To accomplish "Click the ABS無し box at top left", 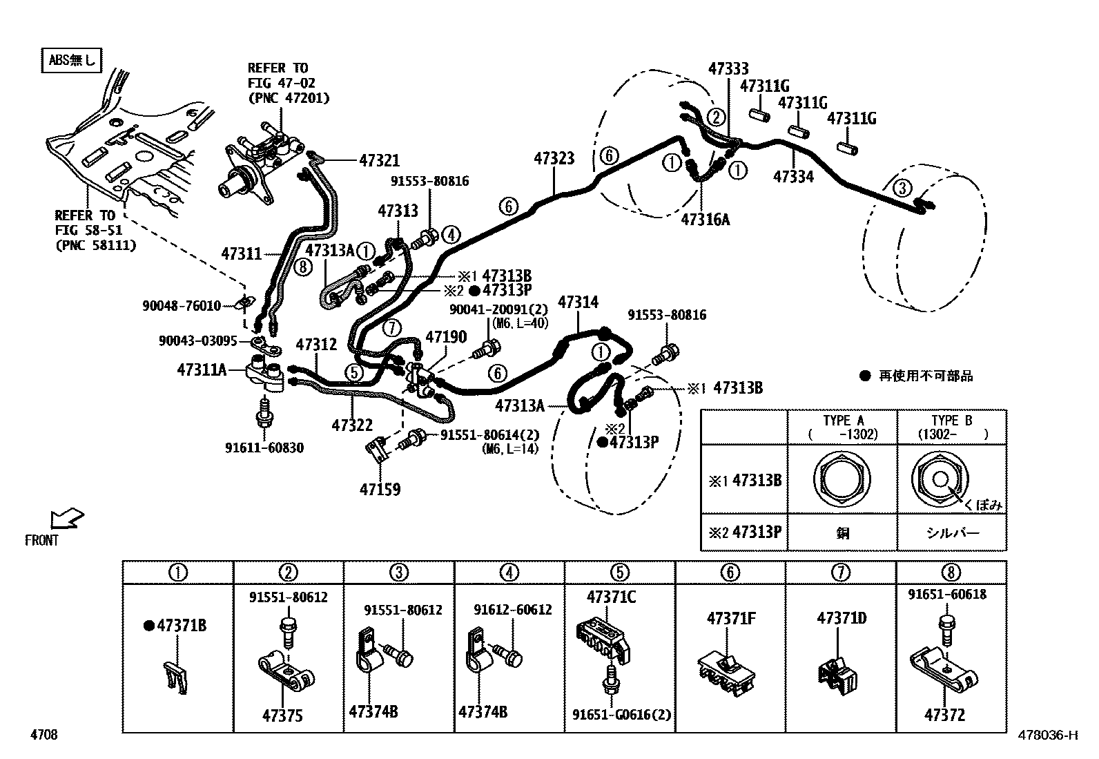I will coord(72,60).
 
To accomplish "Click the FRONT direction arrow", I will coord(67,519).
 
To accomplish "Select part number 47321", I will coord(379,160).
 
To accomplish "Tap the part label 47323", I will coord(554,159).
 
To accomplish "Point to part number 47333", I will coord(728,68).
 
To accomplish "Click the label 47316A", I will coord(705,220).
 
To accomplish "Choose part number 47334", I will coord(793,177).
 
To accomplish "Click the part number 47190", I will coord(446,337).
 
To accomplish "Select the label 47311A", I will coord(202,370).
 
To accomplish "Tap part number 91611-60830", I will coord(264,448).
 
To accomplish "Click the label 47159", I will coord(380,490).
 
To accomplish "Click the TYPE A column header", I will coord(843,427).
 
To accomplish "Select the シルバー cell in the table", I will coord(951,532).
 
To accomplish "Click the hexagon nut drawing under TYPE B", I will coord(940,479).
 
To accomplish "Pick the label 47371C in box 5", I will coord(612,597).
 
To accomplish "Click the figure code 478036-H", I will coord(1047,735).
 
